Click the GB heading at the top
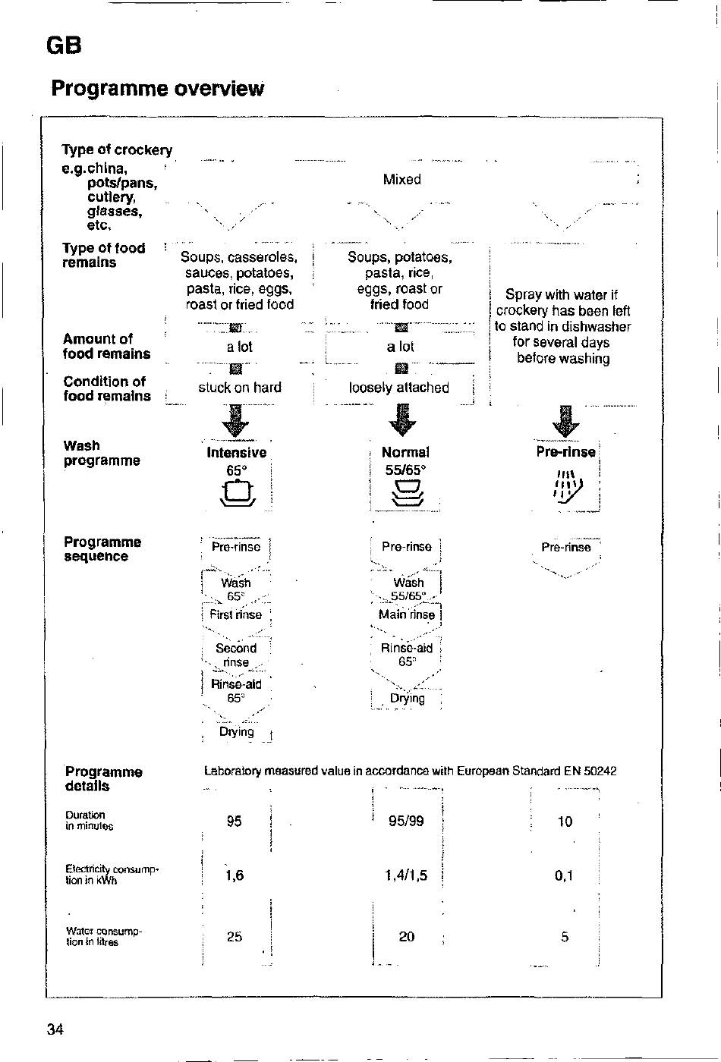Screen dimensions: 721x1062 click(x=64, y=46)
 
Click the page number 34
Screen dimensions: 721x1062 click(x=55, y=1029)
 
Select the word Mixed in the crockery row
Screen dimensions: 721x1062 click(x=401, y=179)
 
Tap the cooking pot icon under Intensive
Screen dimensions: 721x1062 click(x=238, y=493)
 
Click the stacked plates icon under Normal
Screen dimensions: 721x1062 click(x=408, y=493)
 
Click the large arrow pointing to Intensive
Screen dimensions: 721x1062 click(x=236, y=420)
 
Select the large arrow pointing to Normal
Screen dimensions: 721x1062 click(x=403, y=420)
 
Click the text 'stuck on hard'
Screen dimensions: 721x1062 click(x=240, y=388)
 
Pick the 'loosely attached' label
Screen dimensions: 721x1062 click(x=399, y=388)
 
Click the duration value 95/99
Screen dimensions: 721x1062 click(x=406, y=821)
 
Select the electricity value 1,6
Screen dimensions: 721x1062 click(x=235, y=875)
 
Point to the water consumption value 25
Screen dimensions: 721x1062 click(x=235, y=936)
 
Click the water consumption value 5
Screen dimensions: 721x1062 click(x=565, y=937)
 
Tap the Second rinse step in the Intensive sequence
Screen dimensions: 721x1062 click(x=236, y=655)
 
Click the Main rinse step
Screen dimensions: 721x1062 click(x=407, y=614)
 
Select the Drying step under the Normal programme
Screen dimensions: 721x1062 click(x=408, y=698)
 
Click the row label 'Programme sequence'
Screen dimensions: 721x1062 click(x=102, y=548)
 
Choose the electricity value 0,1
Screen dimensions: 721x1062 click(x=563, y=875)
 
